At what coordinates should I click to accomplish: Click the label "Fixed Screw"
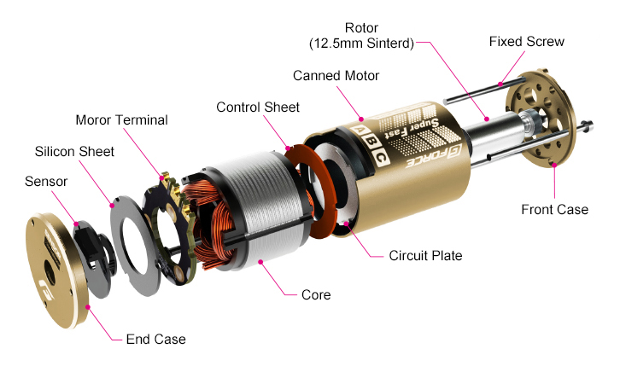526,41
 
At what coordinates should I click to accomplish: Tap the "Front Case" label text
554,209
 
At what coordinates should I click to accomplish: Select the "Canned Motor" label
336,76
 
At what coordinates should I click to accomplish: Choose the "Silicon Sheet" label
74,151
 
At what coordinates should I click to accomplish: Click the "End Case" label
155,339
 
